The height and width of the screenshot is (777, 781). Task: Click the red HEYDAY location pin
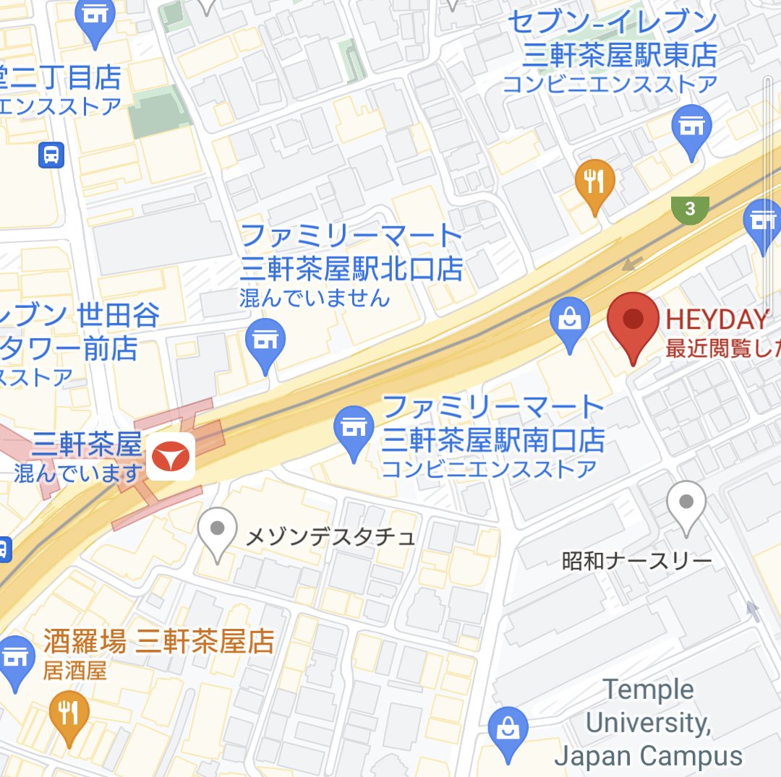633,322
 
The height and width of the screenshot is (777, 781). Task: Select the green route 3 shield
689,210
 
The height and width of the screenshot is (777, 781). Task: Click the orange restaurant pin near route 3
594,183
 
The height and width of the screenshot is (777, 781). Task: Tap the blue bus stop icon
51,154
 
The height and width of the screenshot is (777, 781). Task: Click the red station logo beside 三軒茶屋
171,456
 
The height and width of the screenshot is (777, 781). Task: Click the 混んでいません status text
315,297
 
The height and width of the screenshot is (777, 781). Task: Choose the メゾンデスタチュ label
330,537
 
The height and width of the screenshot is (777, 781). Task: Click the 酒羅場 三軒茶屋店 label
158,640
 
